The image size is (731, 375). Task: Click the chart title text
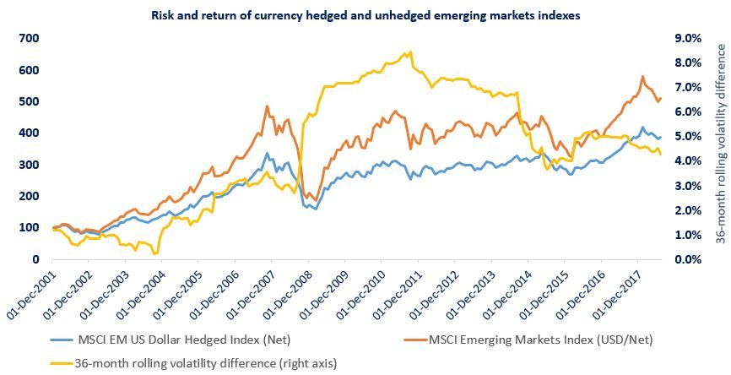(x=365, y=15)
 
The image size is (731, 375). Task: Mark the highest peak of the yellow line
(x=410, y=52)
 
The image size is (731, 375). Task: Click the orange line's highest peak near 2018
(x=643, y=77)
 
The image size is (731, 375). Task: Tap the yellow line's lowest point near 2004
(x=155, y=253)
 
